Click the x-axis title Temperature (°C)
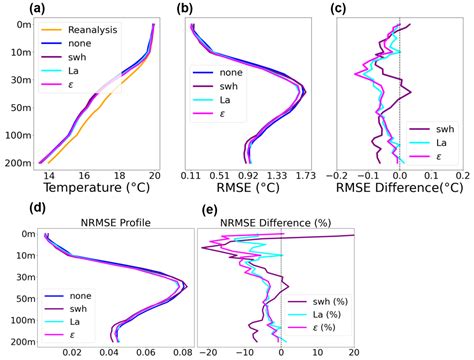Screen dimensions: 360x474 coord(97,187)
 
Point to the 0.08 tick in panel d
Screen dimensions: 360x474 coord(181,353)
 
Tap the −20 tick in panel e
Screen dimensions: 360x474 coord(208,353)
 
